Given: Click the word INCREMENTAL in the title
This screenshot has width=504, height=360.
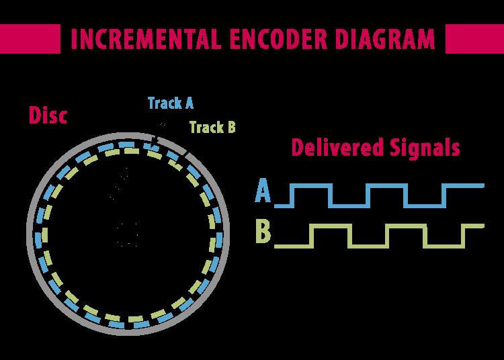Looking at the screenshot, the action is [146, 38].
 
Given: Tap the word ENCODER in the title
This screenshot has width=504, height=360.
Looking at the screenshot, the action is [278, 38].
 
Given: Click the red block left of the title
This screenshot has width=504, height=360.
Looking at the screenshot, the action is [30, 38].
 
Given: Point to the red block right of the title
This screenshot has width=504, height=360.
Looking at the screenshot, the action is [474, 38].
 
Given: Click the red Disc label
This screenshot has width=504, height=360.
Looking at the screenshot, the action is [48, 115].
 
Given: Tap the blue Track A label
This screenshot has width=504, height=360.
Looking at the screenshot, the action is [171, 103].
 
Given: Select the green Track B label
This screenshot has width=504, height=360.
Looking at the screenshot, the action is [212, 127].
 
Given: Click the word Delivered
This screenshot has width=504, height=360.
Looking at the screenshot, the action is [338, 148].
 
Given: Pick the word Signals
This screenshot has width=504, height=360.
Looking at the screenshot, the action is [425, 148].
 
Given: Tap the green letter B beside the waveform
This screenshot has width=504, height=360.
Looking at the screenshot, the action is [263, 231].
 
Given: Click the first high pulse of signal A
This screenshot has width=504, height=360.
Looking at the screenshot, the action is [311, 185].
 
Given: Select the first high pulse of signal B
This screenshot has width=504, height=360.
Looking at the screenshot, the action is [331, 226].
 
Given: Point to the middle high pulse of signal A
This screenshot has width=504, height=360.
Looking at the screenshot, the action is [386, 185].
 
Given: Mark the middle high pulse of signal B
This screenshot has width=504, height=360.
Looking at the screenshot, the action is [406, 226].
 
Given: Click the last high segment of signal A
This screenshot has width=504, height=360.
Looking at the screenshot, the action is [463, 185].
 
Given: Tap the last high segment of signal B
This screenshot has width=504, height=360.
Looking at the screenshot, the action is [472, 226].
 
